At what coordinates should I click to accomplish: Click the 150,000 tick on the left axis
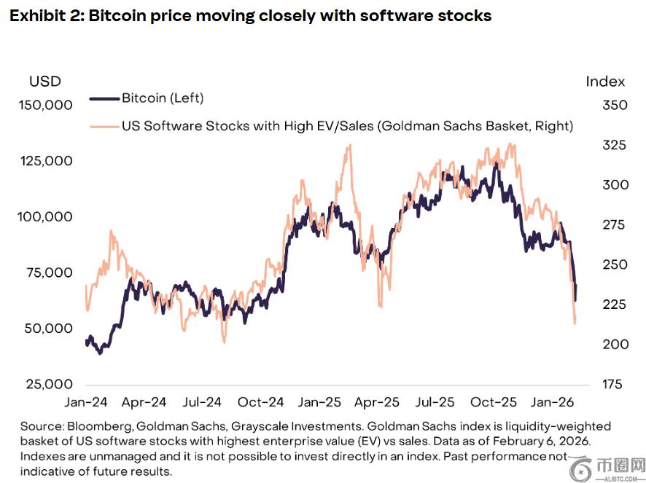coord(46,105)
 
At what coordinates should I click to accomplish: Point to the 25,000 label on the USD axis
coord(49,384)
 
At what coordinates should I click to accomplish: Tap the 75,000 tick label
coord(49,272)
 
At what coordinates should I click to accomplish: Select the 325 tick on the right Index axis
coord(614,145)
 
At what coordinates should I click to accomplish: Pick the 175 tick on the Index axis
coord(612,384)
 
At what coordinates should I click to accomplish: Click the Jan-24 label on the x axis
coord(86,402)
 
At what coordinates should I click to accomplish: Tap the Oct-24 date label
coord(261,402)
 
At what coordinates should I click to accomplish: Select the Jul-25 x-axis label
coord(435,402)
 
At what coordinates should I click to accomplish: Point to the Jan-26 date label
coord(552,402)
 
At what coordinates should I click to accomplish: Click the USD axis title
coord(45,82)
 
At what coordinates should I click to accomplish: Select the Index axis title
coord(605,82)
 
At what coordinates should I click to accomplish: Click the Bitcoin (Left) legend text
coord(163,98)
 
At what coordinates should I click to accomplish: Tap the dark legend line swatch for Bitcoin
coord(104,98)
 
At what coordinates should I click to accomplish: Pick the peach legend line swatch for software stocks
coord(104,127)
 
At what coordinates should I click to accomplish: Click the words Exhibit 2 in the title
coord(47,16)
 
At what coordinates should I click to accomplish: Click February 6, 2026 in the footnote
coord(541,441)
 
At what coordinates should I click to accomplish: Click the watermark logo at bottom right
coord(607,468)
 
